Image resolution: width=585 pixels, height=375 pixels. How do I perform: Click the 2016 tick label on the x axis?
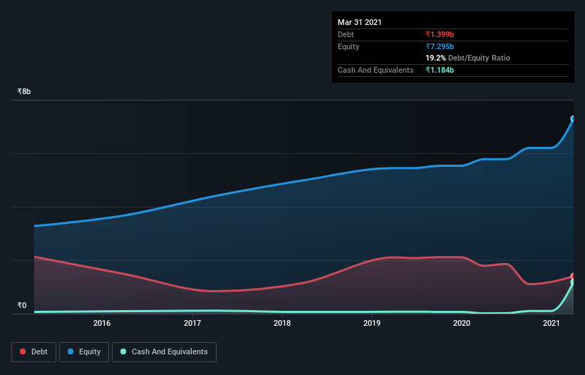[102, 324]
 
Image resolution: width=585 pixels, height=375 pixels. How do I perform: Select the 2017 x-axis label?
[192, 324]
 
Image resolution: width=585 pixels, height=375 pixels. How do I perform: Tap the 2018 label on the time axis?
[282, 324]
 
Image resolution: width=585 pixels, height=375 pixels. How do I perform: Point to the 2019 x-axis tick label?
[372, 324]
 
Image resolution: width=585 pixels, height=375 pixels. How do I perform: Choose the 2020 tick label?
[462, 324]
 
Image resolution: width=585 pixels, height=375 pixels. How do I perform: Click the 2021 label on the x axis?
[552, 324]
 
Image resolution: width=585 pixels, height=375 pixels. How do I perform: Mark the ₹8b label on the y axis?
[24, 92]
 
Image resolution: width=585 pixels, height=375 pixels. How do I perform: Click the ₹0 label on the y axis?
[21, 306]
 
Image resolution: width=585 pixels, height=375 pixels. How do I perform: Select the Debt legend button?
[33, 351]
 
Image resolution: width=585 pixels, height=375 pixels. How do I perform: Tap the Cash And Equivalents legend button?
[164, 351]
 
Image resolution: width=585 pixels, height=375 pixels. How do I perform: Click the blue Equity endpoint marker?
[573, 119]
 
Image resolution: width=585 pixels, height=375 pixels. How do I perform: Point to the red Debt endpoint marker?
[573, 277]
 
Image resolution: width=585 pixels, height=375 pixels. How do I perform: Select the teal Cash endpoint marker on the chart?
[573, 282]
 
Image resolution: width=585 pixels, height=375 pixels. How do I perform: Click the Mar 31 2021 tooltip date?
[360, 22]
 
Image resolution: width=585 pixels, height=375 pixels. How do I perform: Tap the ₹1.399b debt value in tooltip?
[440, 34]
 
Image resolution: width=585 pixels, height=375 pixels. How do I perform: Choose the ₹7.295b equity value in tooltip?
[440, 46]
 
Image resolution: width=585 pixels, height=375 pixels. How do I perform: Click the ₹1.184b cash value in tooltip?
[440, 70]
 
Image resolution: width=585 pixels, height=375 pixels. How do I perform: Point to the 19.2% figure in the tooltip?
[435, 58]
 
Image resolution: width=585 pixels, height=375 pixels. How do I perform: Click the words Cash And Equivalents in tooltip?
[376, 70]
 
